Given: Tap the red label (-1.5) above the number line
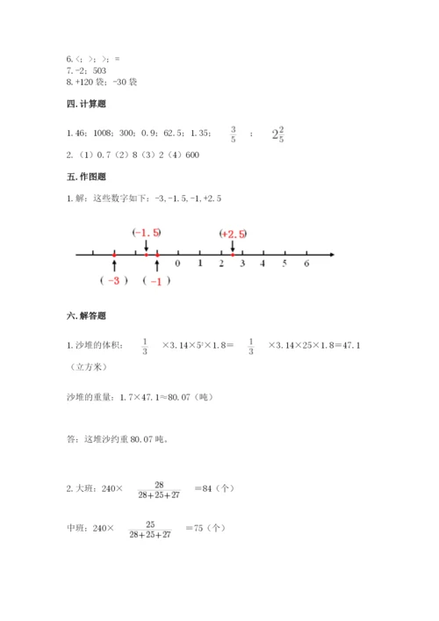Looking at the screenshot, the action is (x=147, y=233).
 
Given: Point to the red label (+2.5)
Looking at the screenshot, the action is (x=233, y=234).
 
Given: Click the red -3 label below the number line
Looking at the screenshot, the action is (x=114, y=280).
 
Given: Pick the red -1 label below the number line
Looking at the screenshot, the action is (x=156, y=280).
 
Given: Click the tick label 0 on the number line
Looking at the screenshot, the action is (x=178, y=263).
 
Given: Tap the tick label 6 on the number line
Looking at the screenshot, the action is (x=306, y=263).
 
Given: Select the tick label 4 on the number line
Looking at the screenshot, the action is (x=263, y=263).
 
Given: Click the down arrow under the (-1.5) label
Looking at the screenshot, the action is (x=147, y=245).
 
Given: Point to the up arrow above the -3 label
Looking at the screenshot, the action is (x=114, y=265).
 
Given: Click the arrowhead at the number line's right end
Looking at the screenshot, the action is (x=330, y=255).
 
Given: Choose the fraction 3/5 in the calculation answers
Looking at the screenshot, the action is (x=233, y=134).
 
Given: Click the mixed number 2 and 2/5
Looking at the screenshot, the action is (x=277, y=134).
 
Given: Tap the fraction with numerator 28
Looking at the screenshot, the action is (x=159, y=489).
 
